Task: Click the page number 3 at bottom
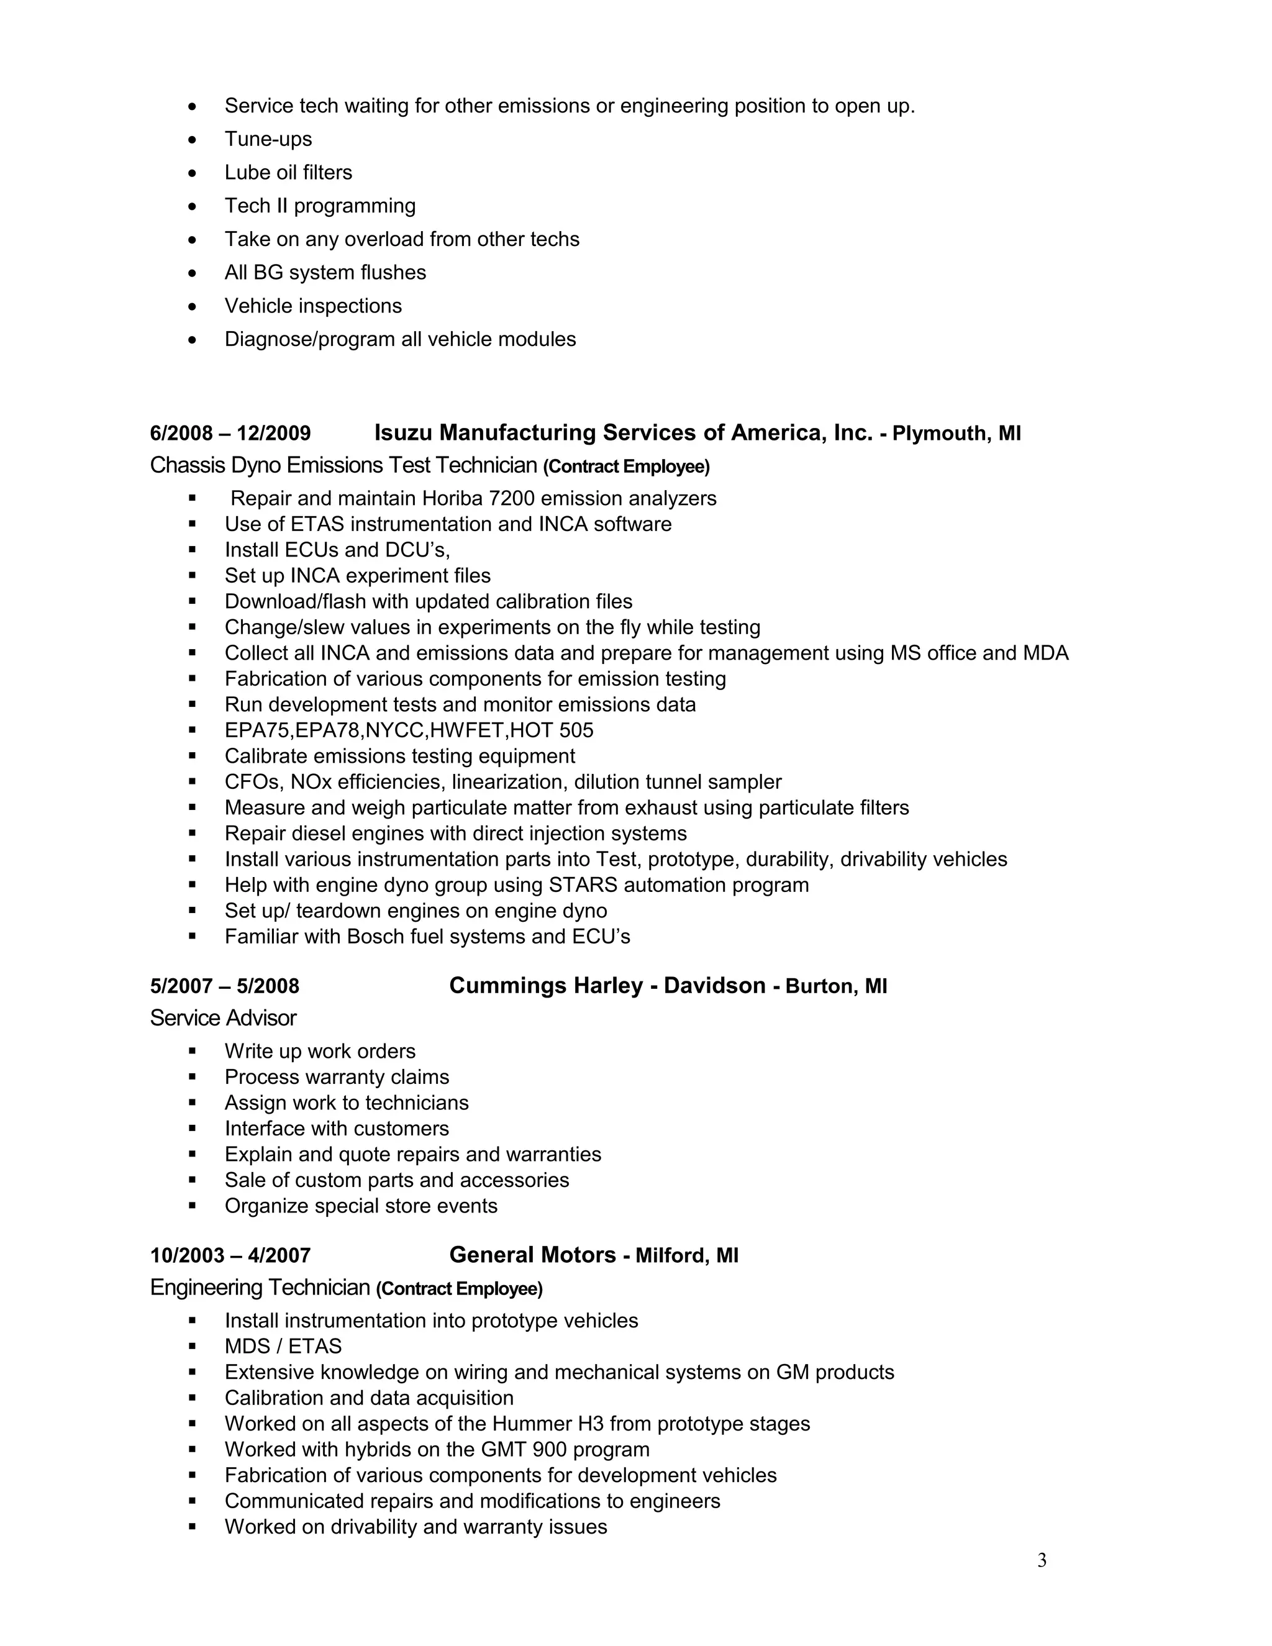(x=1042, y=1560)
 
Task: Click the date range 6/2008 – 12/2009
(x=230, y=434)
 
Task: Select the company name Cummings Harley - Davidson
(x=607, y=986)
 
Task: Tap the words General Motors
(x=532, y=1255)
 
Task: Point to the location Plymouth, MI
(x=956, y=434)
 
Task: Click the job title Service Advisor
(x=223, y=1018)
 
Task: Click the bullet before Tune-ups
(x=193, y=139)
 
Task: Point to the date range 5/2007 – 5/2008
(x=225, y=986)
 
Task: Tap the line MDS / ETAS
(x=283, y=1346)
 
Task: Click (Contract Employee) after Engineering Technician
(x=459, y=1289)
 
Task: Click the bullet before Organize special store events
(x=193, y=1206)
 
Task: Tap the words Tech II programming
(x=319, y=206)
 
